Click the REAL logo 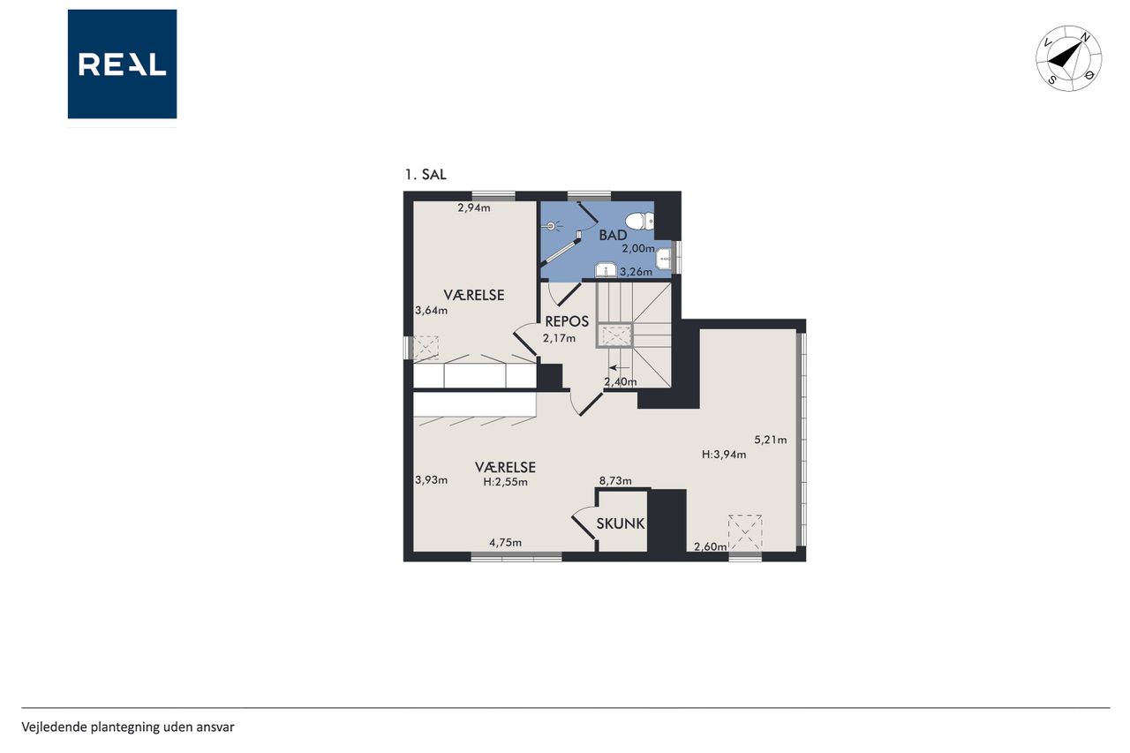[122, 64]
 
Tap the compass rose [1068, 58]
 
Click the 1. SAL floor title [426, 175]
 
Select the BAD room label [613, 235]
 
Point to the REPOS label [567, 321]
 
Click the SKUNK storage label [621, 523]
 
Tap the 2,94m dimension [474, 207]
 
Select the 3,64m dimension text [432, 310]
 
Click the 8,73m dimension [615, 480]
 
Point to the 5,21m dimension [771, 440]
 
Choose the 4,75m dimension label [506, 543]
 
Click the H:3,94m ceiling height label [724, 455]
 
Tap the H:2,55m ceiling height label [506, 482]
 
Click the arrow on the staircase [619, 368]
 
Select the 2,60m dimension [711, 546]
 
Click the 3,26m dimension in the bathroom [636, 272]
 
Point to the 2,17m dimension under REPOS [559, 338]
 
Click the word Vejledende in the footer [54, 727]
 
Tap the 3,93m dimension [432, 479]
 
